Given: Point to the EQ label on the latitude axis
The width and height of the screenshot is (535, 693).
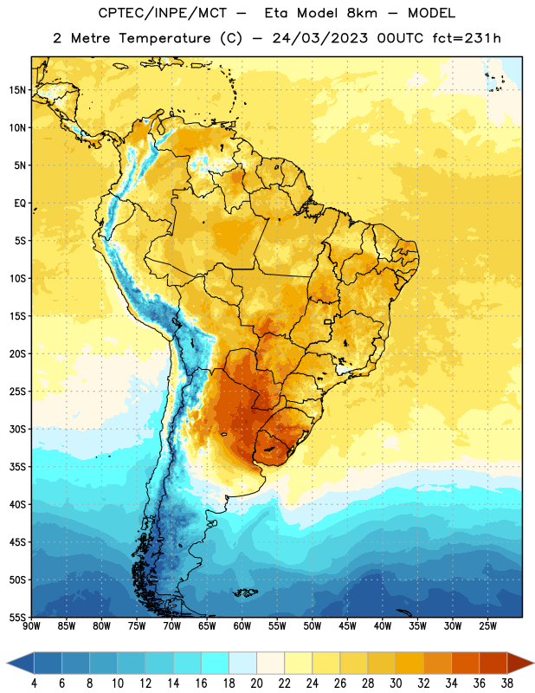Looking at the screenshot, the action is (20, 204).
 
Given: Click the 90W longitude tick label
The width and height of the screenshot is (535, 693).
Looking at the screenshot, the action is (31, 626).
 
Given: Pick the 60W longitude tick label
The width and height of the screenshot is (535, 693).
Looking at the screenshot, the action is (242, 626).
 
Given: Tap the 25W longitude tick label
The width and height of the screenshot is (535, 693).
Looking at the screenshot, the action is (488, 626).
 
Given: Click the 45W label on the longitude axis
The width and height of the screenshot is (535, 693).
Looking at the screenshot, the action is (348, 626).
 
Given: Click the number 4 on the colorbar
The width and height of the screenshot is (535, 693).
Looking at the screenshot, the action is (34, 683).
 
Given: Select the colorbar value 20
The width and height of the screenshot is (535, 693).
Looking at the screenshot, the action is (256, 683).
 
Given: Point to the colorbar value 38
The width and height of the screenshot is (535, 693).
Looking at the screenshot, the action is (507, 683).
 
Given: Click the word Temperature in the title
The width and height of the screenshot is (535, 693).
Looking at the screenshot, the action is (164, 38).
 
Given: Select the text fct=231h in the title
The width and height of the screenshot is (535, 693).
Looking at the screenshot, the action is (467, 38).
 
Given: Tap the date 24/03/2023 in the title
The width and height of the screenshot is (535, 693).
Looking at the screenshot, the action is (319, 38).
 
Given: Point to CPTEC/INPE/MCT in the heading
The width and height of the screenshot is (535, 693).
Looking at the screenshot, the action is (163, 13).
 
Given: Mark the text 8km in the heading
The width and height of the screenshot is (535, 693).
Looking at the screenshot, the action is (362, 13).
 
